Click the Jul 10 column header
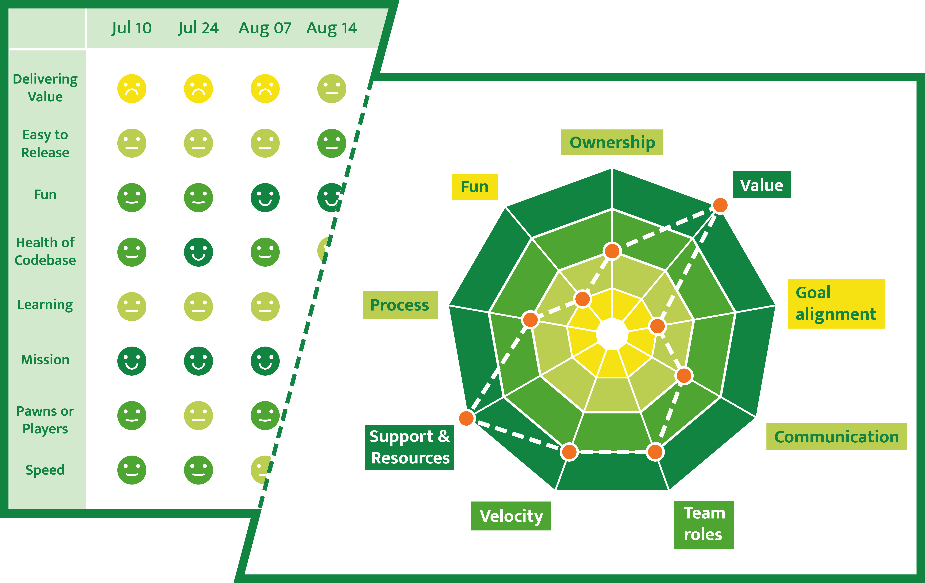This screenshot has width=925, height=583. [x=132, y=28]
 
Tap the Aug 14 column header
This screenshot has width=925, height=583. [x=331, y=28]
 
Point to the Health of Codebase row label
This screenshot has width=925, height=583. [x=45, y=251]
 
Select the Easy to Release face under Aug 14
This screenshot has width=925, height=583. [x=331, y=143]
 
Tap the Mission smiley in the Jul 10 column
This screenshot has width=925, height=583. [x=132, y=361]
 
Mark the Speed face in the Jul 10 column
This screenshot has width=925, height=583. [x=132, y=470]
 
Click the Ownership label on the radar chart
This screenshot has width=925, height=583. [x=612, y=143]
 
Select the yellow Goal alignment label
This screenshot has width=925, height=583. [x=836, y=304]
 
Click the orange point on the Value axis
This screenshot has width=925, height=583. [x=720, y=205]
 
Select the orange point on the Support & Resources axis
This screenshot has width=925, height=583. [x=466, y=418]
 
